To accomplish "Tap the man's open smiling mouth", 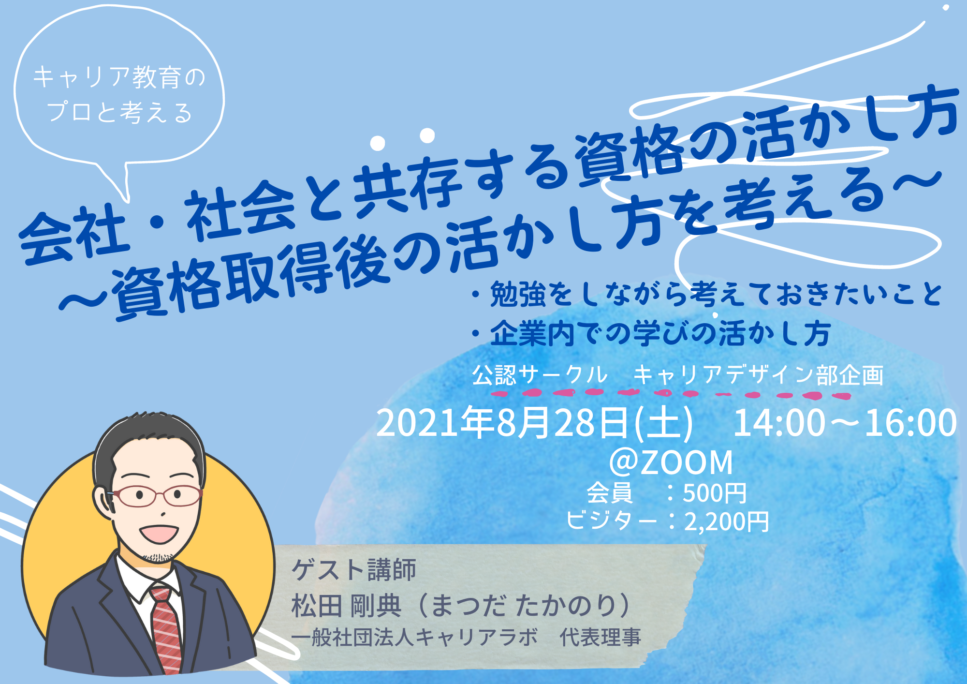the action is tap(159, 534).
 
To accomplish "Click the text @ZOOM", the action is tap(671, 462).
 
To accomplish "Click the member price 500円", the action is tap(715, 493).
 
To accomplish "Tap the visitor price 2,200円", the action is tap(726, 522).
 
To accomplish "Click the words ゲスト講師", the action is tap(353, 570).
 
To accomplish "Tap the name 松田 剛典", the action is tap(346, 606).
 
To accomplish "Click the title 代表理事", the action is tap(600, 638).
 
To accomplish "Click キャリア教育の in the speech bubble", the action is tap(119, 77).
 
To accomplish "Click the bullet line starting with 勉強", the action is tap(708, 294).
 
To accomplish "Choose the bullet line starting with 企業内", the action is tap(651, 333).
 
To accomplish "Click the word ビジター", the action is tap(612, 521).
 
